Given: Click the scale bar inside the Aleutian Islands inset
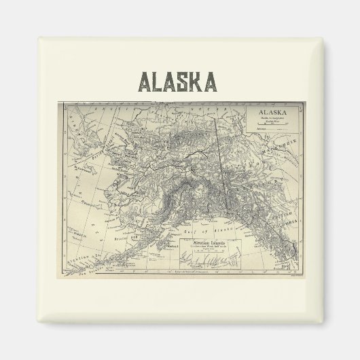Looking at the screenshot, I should click(213, 252).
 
